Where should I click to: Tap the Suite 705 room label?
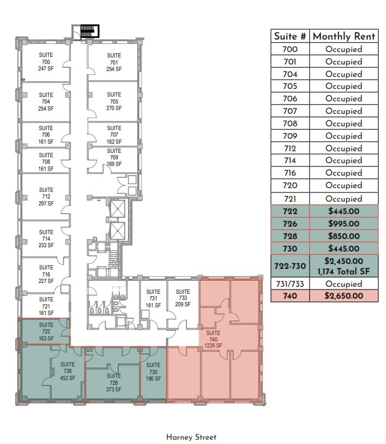114,101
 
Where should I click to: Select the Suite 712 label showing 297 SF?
46,197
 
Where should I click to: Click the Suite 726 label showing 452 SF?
68,371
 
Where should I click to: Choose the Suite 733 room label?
183,298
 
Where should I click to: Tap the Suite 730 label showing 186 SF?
153,371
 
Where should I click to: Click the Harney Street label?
191,437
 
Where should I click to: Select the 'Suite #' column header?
290,36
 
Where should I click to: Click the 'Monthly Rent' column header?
344,36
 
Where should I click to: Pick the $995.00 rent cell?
344,223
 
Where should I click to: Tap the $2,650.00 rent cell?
344,296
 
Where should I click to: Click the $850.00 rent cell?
344,236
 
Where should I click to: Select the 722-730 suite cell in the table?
290,266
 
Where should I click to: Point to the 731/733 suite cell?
290,284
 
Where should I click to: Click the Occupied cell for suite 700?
344,49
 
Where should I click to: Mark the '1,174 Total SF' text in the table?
344,271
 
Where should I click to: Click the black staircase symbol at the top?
88,31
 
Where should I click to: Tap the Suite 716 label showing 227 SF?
46,274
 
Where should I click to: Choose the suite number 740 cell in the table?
290,296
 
